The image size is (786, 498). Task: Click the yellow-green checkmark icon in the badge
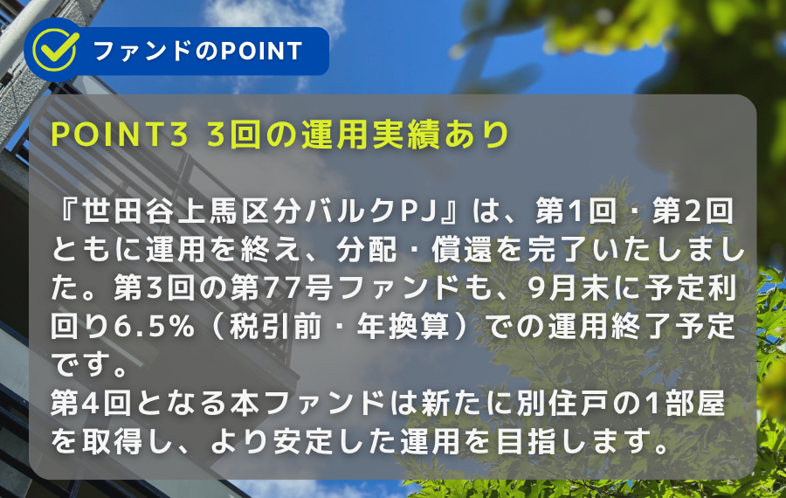55,50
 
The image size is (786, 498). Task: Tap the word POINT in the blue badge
261,52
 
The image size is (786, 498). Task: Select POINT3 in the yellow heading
121,134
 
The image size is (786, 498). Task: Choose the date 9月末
570,288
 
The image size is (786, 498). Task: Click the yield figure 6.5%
154,327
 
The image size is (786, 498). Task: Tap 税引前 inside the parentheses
275,327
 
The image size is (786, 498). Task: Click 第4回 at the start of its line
91,405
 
